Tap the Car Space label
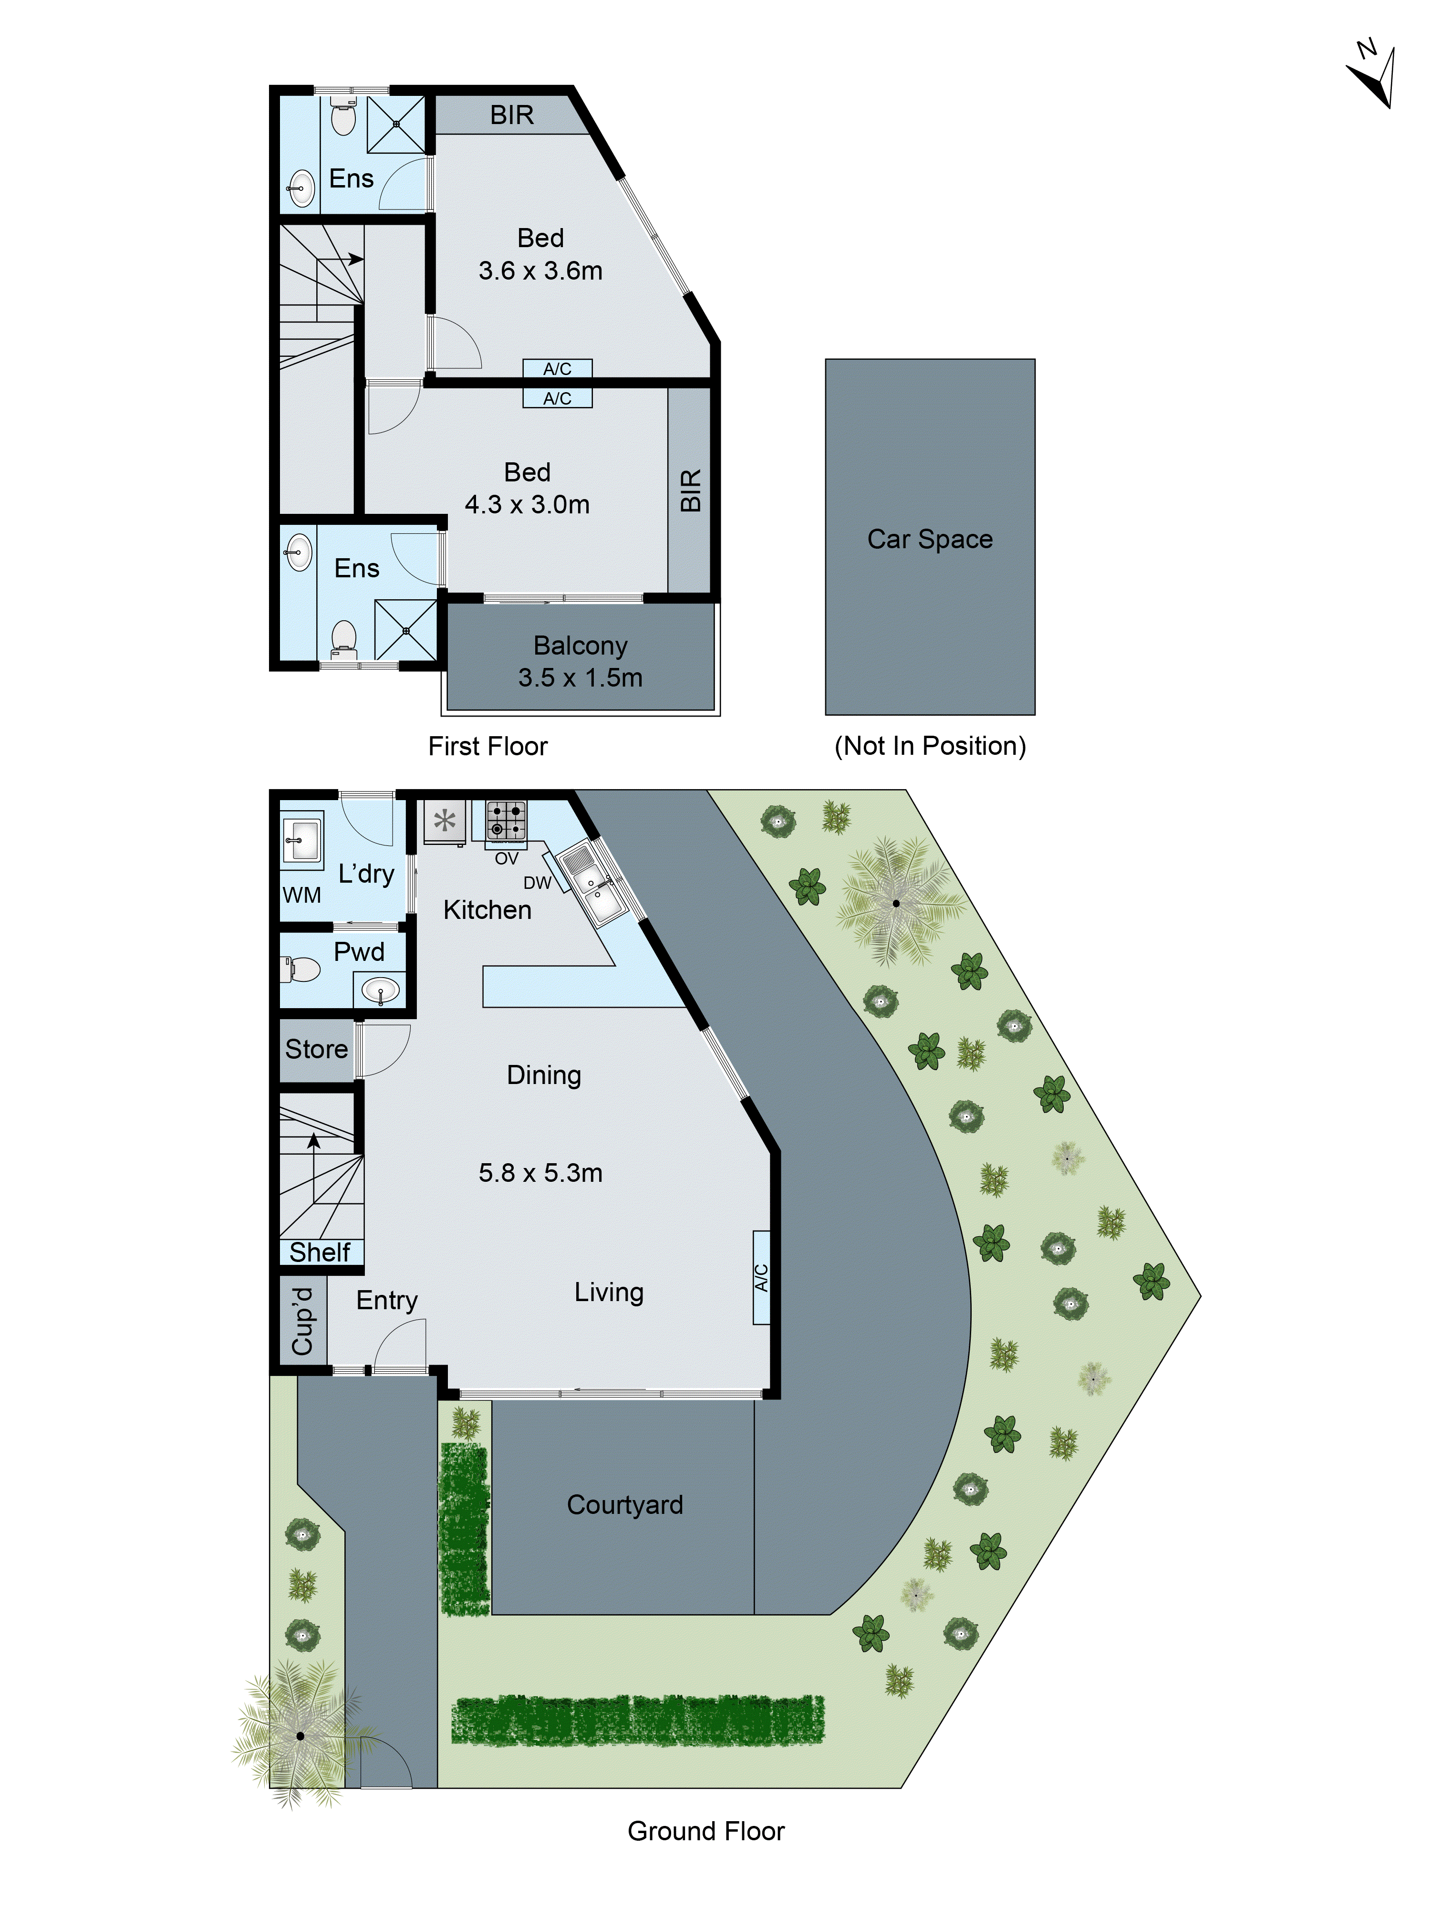[929, 539]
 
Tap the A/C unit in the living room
[761, 1277]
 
